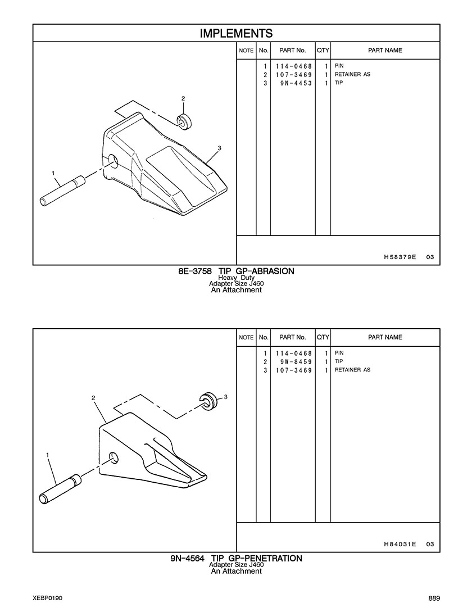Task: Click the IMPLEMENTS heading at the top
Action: pyautogui.click(x=236, y=33)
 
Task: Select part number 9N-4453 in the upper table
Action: pyautogui.click(x=296, y=83)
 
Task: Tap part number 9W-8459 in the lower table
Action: pyautogui.click(x=296, y=362)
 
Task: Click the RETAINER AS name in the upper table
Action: pyautogui.click(x=352, y=74)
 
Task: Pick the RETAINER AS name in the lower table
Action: pyautogui.click(x=352, y=370)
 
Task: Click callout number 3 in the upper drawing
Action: pyautogui.click(x=219, y=148)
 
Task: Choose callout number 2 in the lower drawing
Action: pyautogui.click(x=93, y=398)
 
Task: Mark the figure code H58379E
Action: pyautogui.click(x=400, y=257)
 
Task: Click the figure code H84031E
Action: pyautogui.click(x=400, y=544)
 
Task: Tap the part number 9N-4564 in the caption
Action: pyautogui.click(x=187, y=559)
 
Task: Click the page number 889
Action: pyautogui.click(x=434, y=599)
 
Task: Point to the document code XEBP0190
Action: pyautogui.click(x=48, y=599)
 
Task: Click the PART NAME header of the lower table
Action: pyautogui.click(x=385, y=337)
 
